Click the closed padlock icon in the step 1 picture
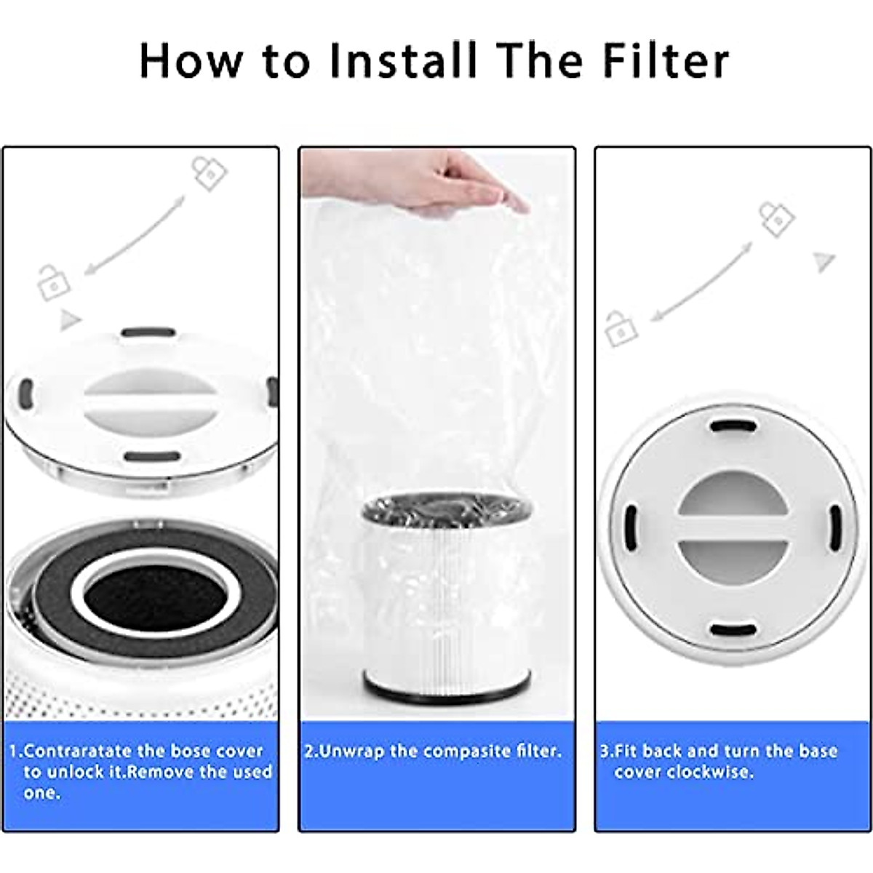tap(209, 173)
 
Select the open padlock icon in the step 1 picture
tap(54, 283)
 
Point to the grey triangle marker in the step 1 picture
tap(70, 319)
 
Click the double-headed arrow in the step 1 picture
tap(135, 235)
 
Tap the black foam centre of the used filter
tap(148, 599)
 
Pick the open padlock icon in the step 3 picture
tap(621, 328)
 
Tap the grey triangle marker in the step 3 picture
tap(824, 260)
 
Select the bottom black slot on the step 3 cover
tap(730, 630)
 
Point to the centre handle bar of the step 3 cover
tap(730, 529)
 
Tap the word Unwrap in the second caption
tap(353, 751)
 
